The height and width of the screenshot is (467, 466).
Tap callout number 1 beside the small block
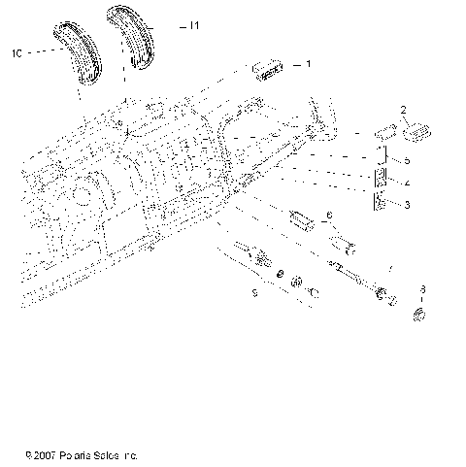308,65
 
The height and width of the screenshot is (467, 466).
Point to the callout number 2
403,110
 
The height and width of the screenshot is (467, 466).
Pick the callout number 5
408,159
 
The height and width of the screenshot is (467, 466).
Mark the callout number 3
408,204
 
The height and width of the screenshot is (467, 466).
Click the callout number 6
328,215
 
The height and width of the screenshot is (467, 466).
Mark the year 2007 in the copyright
49,454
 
